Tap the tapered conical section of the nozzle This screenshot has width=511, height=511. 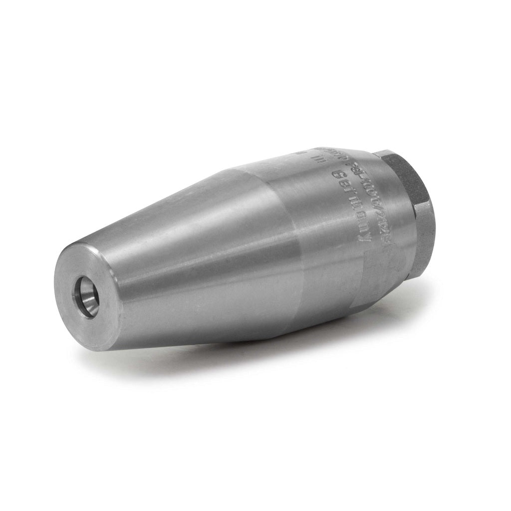coord(190,250)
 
